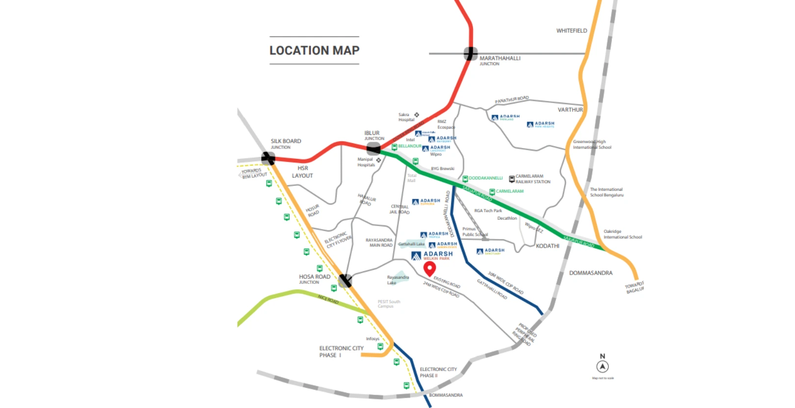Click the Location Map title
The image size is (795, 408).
[314, 51]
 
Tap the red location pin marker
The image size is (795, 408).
[429, 268]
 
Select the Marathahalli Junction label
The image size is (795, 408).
[500, 60]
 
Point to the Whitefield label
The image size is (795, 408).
[571, 30]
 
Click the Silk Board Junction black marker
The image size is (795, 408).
[268, 158]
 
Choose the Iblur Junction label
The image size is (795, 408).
[373, 135]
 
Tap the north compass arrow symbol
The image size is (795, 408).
[603, 366]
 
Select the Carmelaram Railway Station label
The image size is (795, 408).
[532, 178]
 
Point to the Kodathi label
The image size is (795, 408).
[547, 246]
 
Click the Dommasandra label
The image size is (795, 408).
[590, 273]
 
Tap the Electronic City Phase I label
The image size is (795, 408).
[341, 352]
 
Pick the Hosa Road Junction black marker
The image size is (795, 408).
[345, 280]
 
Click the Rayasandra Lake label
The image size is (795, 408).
[397, 280]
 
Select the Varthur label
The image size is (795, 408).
[570, 110]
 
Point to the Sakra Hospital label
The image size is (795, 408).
[406, 117]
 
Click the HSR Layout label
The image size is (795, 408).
[302, 172]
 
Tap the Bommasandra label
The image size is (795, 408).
[446, 395]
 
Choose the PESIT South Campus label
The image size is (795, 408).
[389, 304]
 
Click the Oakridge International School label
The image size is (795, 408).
[622, 234]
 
